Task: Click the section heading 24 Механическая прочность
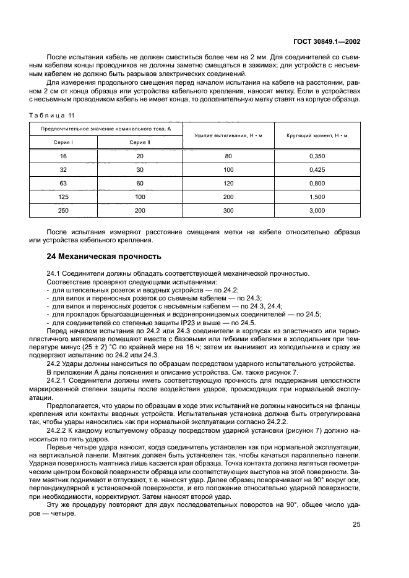(105, 256)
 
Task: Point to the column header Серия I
(63, 142)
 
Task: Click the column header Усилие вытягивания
(228, 135)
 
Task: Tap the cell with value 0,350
(317, 156)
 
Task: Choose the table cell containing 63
(63, 184)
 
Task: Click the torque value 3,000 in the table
(317, 211)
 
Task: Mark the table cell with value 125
(63, 197)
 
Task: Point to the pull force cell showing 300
(228, 211)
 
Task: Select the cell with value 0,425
(317, 170)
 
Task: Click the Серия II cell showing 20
(140, 156)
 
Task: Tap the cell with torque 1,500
(317, 197)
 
